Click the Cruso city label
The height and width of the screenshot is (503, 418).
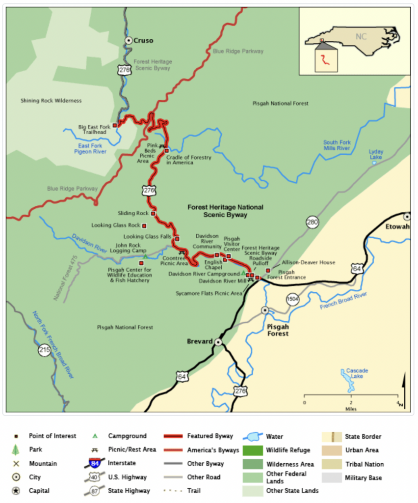click(x=143, y=41)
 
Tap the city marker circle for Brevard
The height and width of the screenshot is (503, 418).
click(x=218, y=342)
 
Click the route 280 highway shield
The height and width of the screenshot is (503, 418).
click(x=313, y=223)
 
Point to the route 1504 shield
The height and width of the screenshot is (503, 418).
click(x=293, y=300)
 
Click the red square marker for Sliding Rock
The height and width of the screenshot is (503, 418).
click(x=153, y=213)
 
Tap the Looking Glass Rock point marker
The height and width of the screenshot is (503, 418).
click(x=144, y=226)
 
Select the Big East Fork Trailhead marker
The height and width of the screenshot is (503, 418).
click(x=115, y=125)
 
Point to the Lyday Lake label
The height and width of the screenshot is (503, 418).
click(x=376, y=154)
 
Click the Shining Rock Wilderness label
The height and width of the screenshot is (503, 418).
click(x=51, y=101)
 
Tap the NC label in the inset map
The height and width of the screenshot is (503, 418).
click(x=361, y=36)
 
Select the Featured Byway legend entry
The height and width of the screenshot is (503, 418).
click(x=209, y=436)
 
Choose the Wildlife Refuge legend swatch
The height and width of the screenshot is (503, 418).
click(x=252, y=450)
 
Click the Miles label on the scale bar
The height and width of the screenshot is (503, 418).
click(x=350, y=409)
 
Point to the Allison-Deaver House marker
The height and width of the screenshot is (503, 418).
click(x=268, y=270)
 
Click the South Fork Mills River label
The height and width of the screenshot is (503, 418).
click(x=337, y=145)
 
